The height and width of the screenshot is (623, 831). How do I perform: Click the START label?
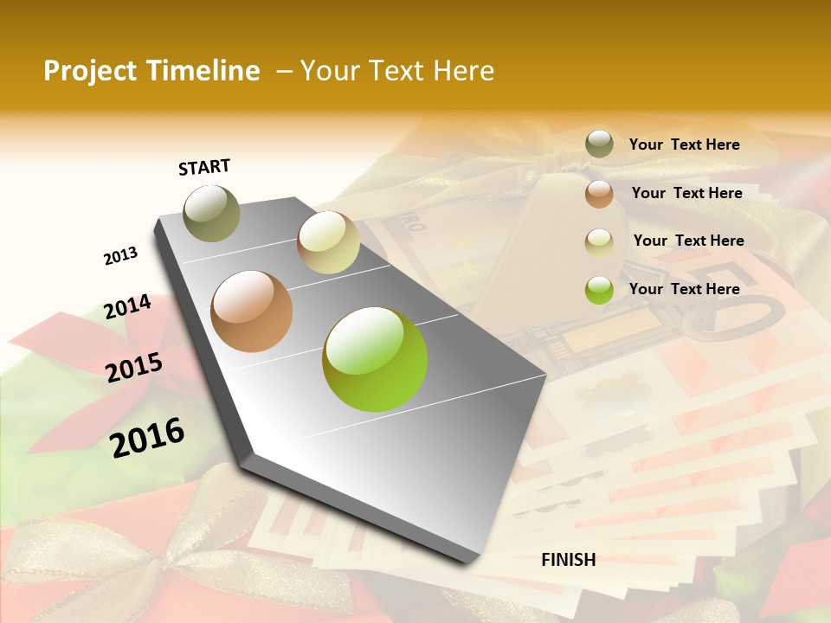[x=204, y=167]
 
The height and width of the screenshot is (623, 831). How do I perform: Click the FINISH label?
[x=569, y=560]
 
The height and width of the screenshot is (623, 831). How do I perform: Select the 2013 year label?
[x=121, y=256]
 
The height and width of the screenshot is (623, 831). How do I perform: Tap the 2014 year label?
[x=128, y=307]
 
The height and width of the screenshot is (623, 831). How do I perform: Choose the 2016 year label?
[x=147, y=437]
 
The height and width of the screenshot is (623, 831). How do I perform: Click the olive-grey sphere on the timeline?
[x=212, y=213]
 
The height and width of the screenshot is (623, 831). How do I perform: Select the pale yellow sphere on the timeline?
[x=328, y=242]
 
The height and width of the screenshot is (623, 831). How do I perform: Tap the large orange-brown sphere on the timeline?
[x=252, y=311]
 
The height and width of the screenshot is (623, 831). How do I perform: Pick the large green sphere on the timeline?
[x=375, y=359]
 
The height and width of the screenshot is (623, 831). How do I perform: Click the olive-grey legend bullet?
[x=599, y=144]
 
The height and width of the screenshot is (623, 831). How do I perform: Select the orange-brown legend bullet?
[x=599, y=194]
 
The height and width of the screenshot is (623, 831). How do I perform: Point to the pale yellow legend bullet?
[x=599, y=242]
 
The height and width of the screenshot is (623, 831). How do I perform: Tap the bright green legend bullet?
[x=599, y=290]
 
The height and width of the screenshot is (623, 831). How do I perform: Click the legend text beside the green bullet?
[x=684, y=289]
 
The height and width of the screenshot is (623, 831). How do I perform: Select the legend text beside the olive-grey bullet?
[x=684, y=145]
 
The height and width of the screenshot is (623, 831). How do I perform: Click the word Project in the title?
[x=89, y=71]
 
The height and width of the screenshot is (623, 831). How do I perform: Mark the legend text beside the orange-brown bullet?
[x=686, y=193]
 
